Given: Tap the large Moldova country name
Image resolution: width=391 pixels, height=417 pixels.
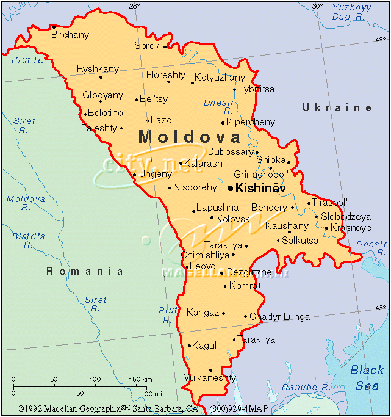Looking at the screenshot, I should click(x=190, y=137).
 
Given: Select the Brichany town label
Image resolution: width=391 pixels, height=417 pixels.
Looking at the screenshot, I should click(x=70, y=35).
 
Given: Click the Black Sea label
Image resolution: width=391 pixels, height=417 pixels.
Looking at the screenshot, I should click(x=367, y=377).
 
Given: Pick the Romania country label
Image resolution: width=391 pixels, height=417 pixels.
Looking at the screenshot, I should click(x=85, y=272).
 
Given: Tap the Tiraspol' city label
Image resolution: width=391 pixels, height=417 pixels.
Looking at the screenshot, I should click(x=329, y=202).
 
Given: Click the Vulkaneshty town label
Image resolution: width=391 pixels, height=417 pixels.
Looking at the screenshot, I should click(x=210, y=378).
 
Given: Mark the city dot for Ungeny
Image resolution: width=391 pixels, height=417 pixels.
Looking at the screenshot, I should click(x=134, y=175).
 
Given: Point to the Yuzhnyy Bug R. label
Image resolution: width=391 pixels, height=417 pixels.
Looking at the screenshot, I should click(x=352, y=12).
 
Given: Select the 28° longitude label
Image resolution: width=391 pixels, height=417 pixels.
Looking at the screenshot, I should click(x=134, y=6).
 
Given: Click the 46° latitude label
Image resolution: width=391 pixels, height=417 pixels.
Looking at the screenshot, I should click(x=380, y=308).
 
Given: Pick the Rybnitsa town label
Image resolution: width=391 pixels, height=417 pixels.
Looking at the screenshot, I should click(x=256, y=89).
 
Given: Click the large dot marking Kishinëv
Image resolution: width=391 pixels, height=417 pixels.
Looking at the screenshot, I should click(x=230, y=188).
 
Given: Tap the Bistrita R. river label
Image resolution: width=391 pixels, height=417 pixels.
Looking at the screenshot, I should click(x=29, y=240).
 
